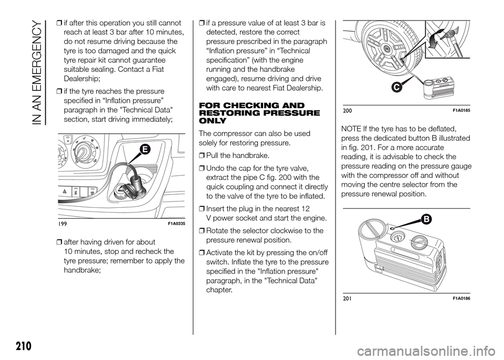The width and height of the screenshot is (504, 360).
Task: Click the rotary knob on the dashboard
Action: coord(82,156)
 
